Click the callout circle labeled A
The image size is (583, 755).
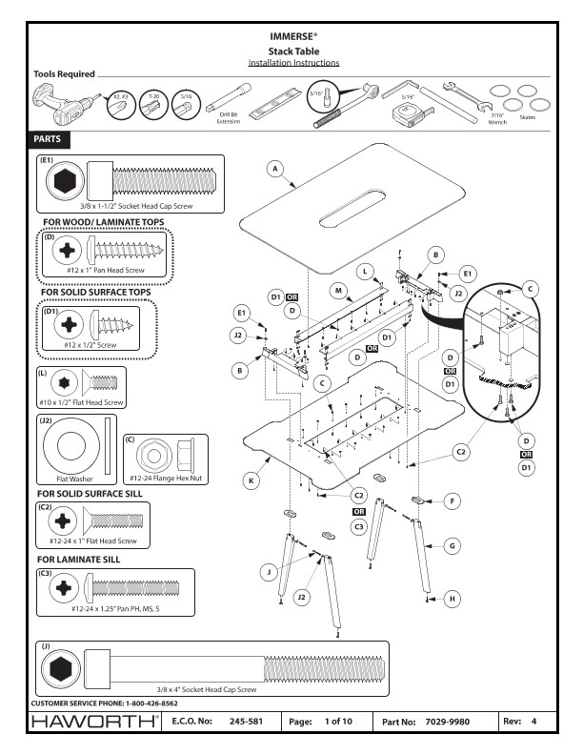click(x=275, y=169)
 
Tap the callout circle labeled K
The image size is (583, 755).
click(x=251, y=482)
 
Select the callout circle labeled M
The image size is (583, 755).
click(x=338, y=289)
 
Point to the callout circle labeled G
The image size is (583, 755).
click(x=453, y=547)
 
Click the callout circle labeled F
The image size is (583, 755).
click(x=453, y=499)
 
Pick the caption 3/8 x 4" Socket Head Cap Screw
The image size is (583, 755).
click(x=207, y=688)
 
